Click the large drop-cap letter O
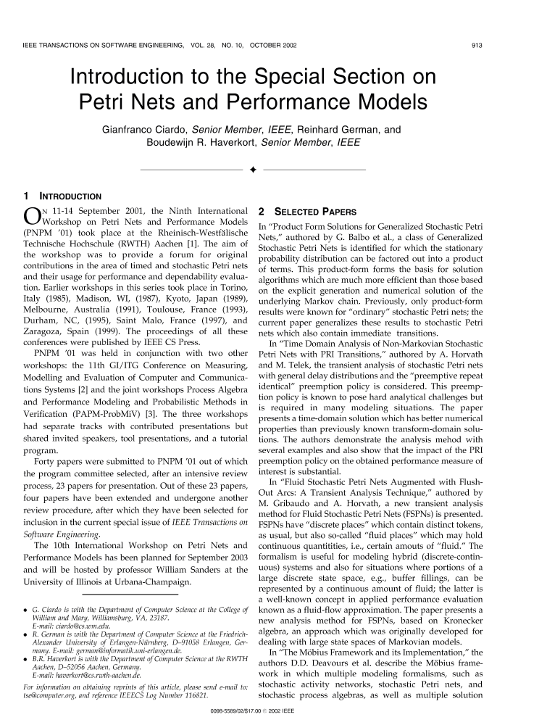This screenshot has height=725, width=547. point(33,218)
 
